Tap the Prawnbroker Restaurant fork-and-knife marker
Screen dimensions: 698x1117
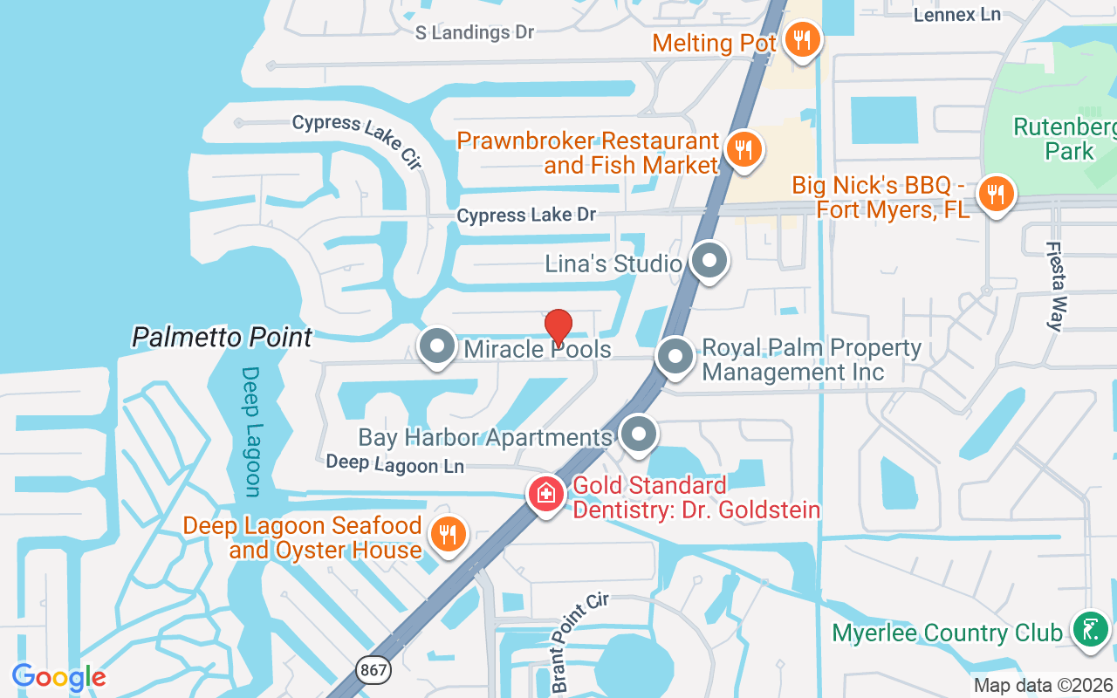743,150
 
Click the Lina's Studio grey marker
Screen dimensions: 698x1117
709,260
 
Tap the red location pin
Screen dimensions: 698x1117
558,327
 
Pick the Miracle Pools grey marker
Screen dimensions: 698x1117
437,347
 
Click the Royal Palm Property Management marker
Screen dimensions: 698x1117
674,357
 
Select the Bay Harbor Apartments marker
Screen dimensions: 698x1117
639,434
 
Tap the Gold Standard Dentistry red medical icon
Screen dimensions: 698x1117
546,494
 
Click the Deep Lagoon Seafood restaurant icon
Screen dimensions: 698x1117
449,534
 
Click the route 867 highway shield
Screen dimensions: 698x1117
373,670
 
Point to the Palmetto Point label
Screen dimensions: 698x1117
222,337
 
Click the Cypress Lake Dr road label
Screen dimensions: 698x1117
526,215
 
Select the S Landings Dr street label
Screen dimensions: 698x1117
474,32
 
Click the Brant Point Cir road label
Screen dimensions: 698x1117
579,642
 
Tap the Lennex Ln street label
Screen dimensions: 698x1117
956,14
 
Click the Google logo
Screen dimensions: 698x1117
58,677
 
